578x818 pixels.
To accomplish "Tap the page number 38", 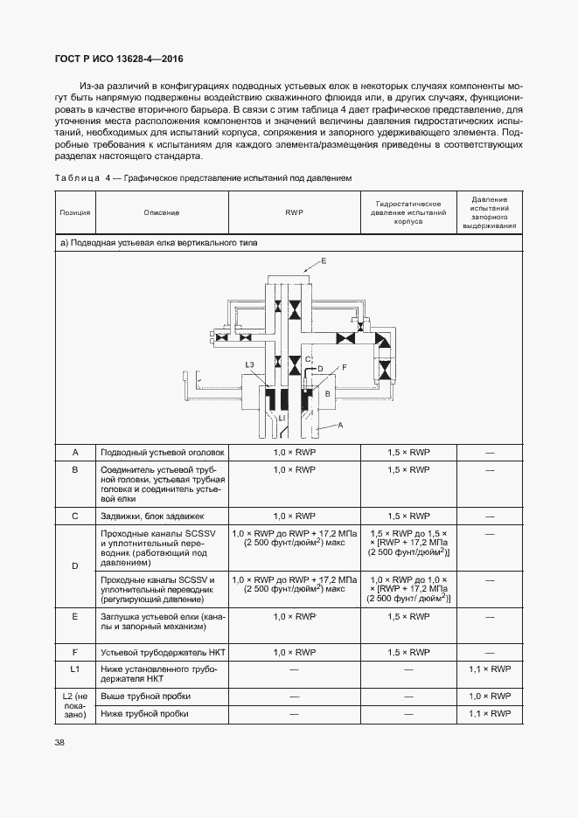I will point(60,743).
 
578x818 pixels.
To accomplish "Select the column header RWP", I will point(295,212).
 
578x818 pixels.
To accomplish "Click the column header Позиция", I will point(74,212).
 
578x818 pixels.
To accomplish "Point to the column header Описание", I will point(162,212).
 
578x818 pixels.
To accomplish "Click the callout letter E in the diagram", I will point(324,261).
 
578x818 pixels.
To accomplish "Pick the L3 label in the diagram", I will point(249,364).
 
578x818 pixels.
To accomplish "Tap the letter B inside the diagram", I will point(327,394).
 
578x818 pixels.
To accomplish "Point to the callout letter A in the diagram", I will point(340,425).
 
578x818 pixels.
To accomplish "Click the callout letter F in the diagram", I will point(345,367).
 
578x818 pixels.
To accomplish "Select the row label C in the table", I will point(75,516).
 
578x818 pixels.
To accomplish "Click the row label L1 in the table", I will point(75,669).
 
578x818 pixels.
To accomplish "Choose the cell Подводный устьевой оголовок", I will point(163,452).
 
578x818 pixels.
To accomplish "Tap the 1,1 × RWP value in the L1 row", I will point(490,669).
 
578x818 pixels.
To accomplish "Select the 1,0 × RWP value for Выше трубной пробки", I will point(490,697).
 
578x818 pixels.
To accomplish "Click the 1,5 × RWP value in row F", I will point(408,652).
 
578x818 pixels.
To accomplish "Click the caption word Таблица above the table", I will point(77,178).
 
